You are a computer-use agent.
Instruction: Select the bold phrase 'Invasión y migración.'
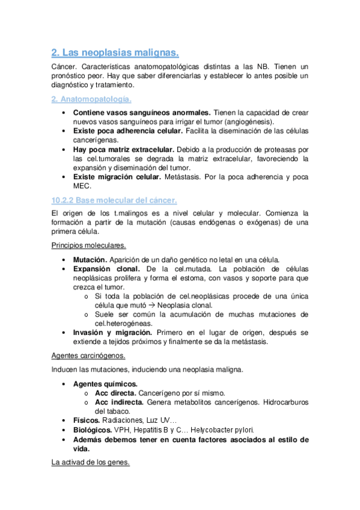(x=113, y=333)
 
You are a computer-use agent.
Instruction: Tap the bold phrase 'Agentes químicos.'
(x=105, y=384)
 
